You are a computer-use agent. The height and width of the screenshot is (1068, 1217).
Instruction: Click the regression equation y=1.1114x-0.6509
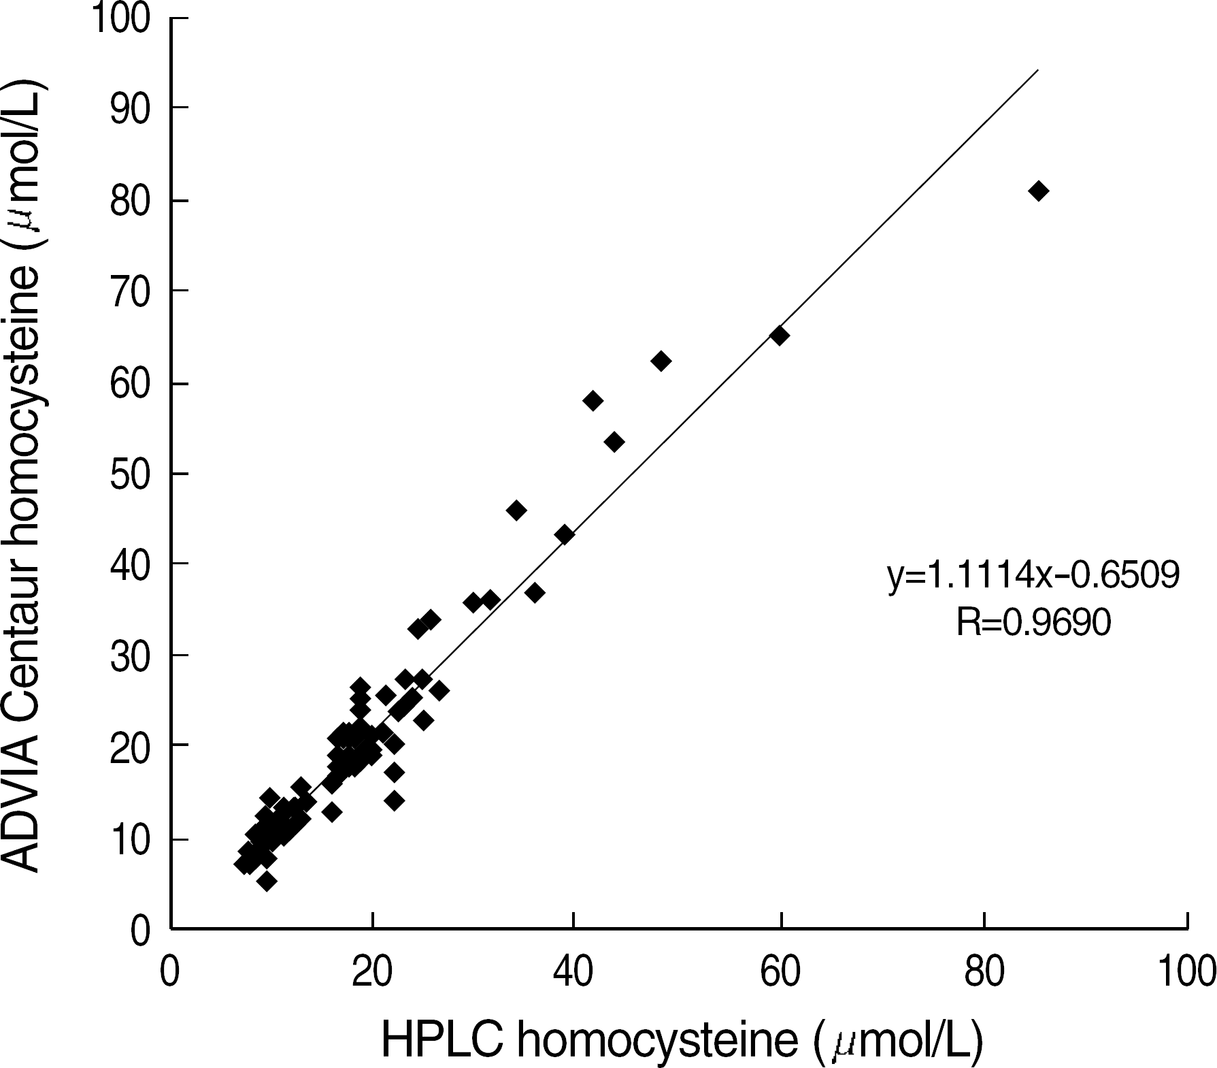(1033, 576)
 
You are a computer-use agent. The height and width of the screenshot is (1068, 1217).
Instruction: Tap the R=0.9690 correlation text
(1033, 622)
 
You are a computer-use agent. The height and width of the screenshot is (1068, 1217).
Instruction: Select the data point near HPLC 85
(1038, 191)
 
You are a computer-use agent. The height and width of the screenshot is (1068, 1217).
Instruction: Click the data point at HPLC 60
(780, 336)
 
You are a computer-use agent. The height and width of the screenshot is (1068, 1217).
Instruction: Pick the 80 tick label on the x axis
(984, 973)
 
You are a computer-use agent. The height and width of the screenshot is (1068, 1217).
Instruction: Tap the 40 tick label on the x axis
(573, 973)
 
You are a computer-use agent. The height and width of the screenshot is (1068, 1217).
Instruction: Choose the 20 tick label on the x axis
(371, 973)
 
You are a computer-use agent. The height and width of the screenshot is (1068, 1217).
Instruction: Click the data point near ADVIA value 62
(661, 361)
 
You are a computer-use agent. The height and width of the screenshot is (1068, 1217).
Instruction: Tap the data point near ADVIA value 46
(516, 511)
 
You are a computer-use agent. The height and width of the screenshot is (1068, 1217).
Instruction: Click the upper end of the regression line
(1037, 70)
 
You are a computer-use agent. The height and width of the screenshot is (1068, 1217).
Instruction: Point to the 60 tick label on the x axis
(780, 973)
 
